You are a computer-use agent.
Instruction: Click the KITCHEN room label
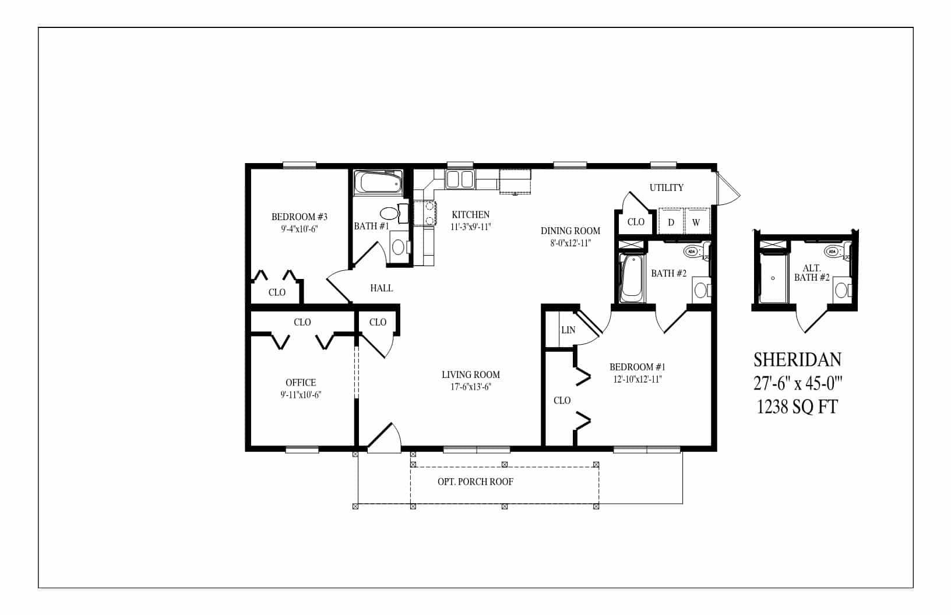[x=470, y=214]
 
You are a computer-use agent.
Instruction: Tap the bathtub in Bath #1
[x=379, y=182]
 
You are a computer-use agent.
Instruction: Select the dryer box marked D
[x=671, y=222]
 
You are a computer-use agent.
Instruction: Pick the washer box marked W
[x=696, y=222]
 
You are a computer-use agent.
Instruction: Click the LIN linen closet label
[x=568, y=330]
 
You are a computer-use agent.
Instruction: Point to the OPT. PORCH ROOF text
[x=475, y=482]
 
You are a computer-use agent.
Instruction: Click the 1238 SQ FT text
[x=797, y=407]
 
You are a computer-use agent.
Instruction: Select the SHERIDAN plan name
[x=797, y=359]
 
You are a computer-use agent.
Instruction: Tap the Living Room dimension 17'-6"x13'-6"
[x=470, y=386]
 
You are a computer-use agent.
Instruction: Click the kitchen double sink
[x=460, y=179]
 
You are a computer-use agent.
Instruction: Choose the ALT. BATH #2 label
[x=812, y=273]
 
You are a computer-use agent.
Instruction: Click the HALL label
[x=381, y=288]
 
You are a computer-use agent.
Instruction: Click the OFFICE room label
[x=301, y=383]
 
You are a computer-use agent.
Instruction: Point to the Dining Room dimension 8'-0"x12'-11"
[x=569, y=243]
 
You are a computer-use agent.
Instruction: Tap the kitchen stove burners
[x=425, y=212]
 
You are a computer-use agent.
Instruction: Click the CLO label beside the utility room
[x=636, y=222]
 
